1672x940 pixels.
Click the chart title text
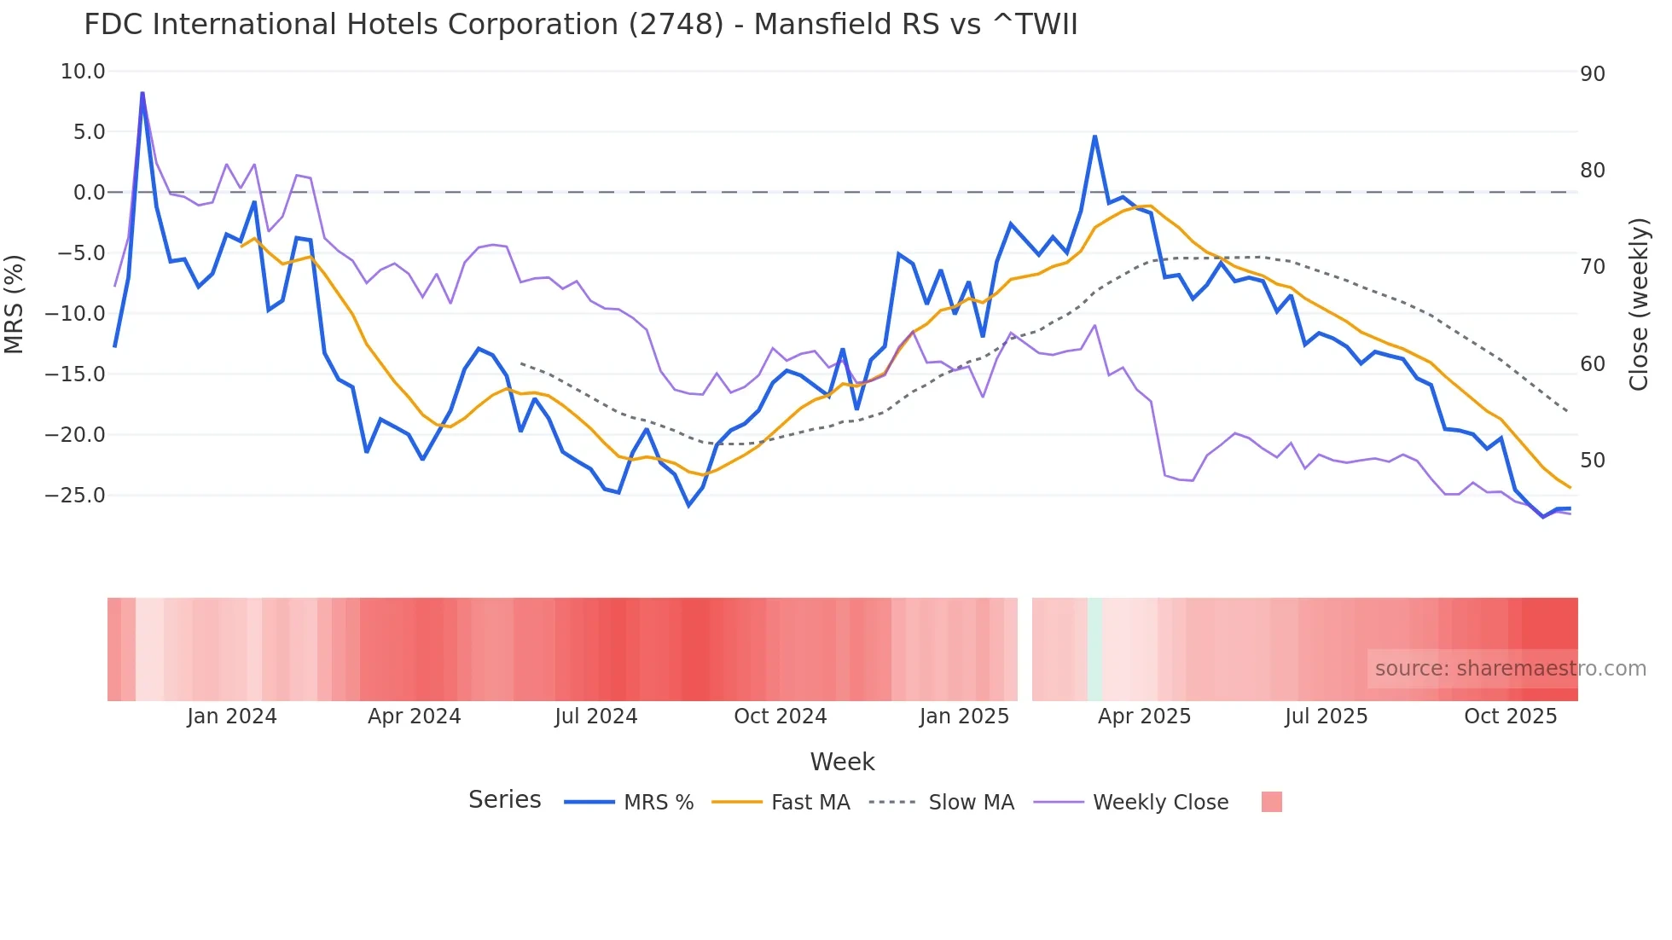[580, 25]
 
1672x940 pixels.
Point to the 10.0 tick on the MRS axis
[83, 72]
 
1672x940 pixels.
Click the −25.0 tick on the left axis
[75, 496]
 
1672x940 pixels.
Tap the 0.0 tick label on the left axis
[89, 193]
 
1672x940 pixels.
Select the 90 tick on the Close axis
[1592, 74]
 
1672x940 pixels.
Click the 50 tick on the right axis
[1592, 461]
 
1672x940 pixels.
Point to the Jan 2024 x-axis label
[232, 717]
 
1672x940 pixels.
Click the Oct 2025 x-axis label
[1510, 717]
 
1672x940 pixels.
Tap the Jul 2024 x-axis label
[595, 717]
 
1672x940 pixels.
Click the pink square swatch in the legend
[1271, 802]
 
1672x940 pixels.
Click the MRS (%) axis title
[14, 305]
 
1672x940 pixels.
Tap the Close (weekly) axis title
[1638, 305]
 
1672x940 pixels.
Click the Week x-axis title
[842, 762]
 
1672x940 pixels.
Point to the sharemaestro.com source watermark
[1510, 669]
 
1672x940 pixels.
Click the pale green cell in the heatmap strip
[1094, 649]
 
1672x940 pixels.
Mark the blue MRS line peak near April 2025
[1094, 136]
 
